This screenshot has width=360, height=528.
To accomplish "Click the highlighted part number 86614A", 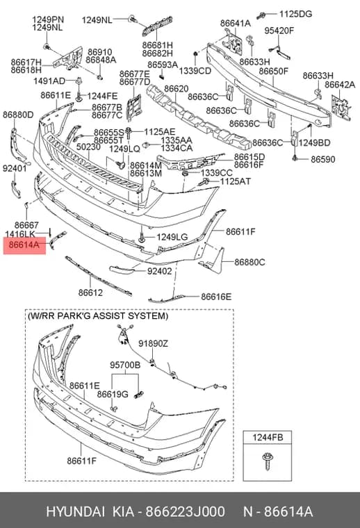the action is click(24, 245).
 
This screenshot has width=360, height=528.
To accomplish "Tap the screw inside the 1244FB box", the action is click(268, 461).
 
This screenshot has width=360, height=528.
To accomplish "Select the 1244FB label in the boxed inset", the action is click(268, 438).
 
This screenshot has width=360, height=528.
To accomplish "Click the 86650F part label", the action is click(273, 71).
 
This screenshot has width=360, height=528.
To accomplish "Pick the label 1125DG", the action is click(295, 14).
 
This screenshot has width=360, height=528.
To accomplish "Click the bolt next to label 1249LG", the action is click(142, 237).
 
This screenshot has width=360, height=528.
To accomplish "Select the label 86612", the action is click(90, 292).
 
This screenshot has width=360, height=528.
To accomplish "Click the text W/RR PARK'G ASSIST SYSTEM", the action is click(97, 316).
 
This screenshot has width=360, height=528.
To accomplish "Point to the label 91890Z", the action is click(153, 343).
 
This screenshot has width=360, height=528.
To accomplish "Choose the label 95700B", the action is click(125, 365).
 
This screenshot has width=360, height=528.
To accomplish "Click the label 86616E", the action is click(216, 297).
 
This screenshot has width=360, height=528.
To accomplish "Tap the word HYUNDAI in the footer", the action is click(76, 512).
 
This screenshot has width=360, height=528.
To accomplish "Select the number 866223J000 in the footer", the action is click(186, 512).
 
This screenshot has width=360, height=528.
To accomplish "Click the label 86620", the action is click(176, 89).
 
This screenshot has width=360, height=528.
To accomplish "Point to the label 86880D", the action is click(18, 115).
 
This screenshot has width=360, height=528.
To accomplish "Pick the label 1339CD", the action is click(195, 71).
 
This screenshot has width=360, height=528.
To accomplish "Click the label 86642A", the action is click(340, 85).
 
